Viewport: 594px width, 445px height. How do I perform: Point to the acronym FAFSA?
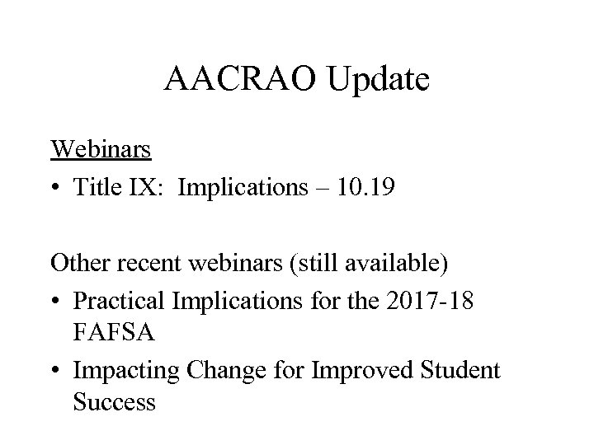[x=107, y=333]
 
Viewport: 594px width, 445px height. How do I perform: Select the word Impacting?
[x=125, y=371]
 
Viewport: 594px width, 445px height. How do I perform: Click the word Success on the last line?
[x=114, y=404]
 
